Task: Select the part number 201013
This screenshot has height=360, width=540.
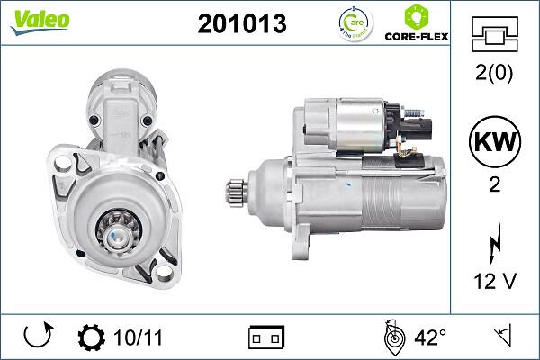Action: [x=241, y=23]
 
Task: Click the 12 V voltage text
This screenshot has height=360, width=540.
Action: [x=495, y=283]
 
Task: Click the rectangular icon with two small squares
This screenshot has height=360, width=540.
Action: [x=265, y=338]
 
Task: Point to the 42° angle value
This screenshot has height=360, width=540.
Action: [x=430, y=338]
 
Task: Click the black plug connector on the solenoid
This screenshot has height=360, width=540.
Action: [x=418, y=126]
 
